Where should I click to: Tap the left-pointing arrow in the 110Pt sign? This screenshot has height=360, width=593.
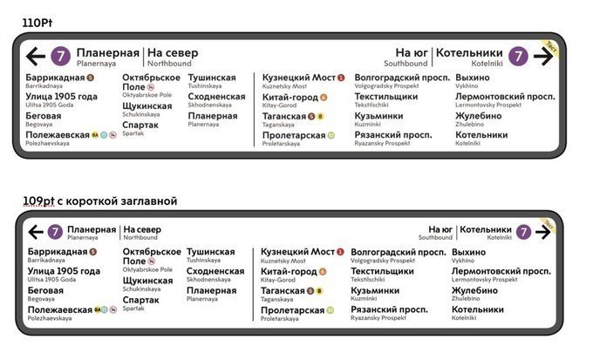click(36, 57)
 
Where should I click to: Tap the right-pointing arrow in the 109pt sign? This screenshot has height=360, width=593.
click(543, 231)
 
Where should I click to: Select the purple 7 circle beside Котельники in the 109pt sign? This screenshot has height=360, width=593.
click(522, 231)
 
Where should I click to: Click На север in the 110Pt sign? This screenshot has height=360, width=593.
click(173, 53)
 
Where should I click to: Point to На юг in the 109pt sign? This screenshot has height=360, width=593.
click(440, 229)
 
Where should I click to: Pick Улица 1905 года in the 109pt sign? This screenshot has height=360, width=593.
click(64, 271)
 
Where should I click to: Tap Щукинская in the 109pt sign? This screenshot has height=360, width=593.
click(147, 281)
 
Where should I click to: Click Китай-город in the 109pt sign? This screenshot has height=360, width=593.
click(289, 271)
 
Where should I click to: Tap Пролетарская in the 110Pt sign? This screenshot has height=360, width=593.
click(293, 136)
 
